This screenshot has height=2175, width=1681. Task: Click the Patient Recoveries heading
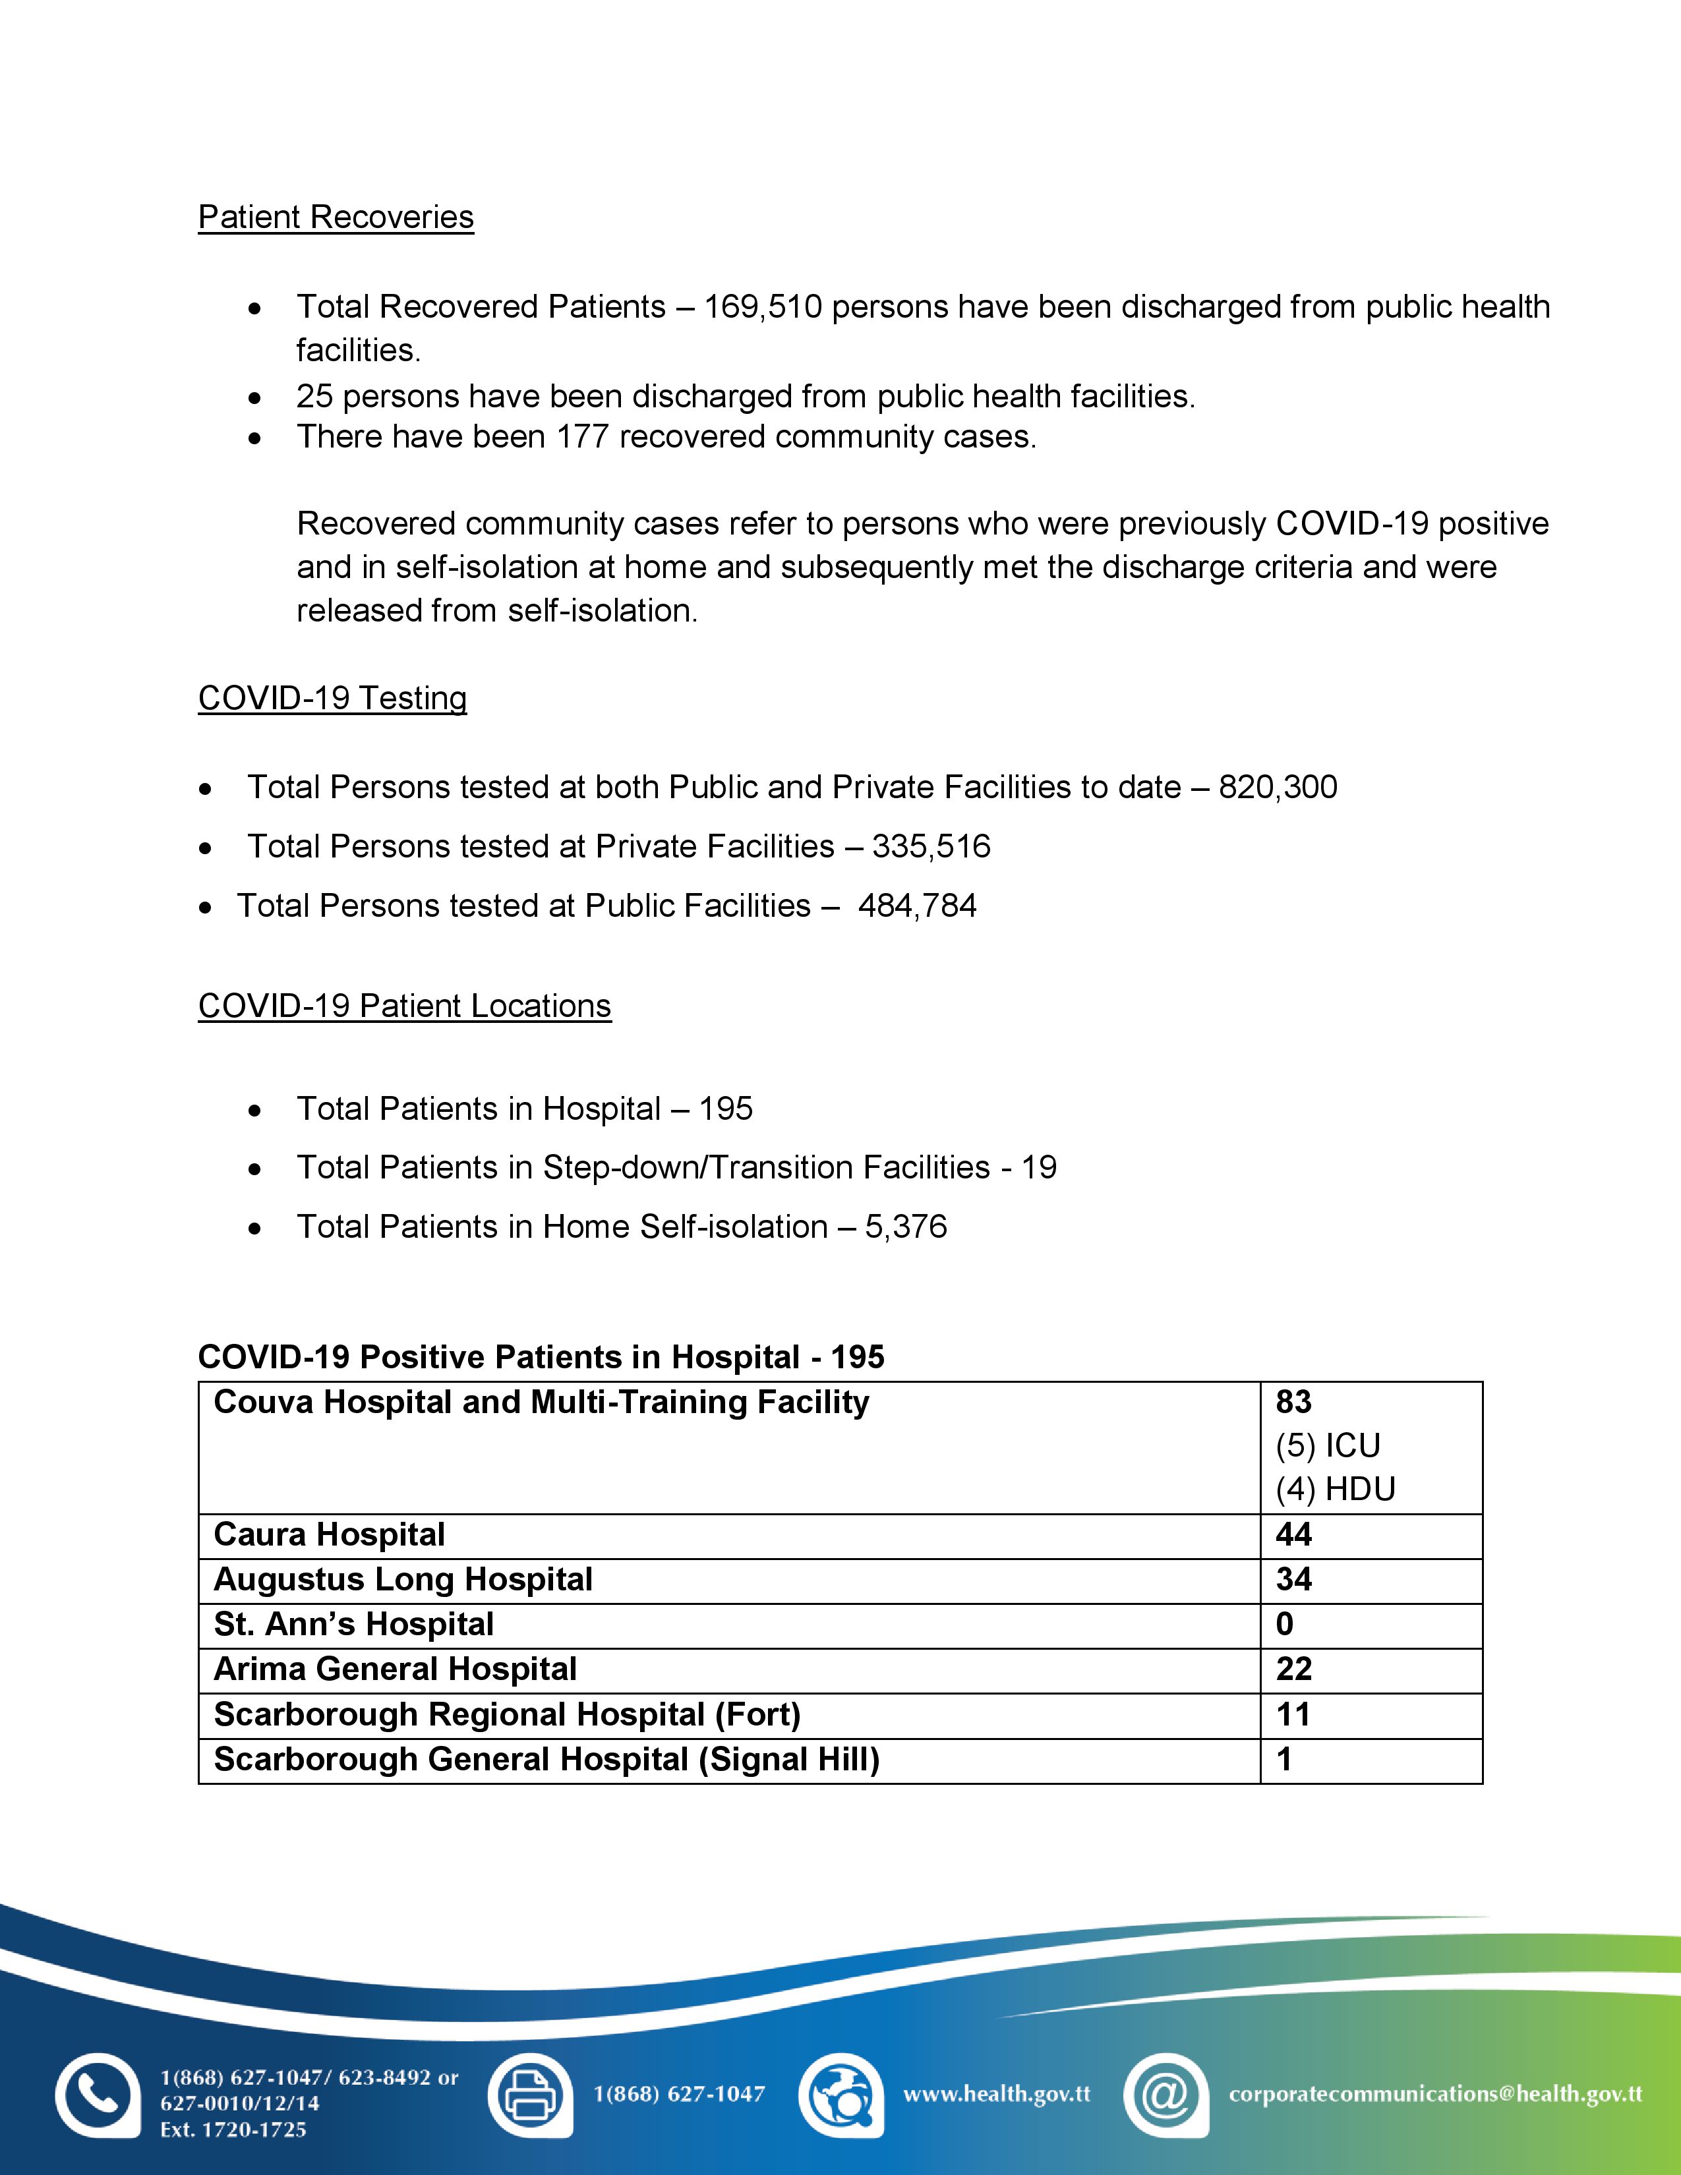pyautogui.click(x=336, y=217)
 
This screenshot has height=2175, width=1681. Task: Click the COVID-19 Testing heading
pyautogui.click(x=333, y=698)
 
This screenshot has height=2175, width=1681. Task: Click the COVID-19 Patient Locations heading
pyautogui.click(x=404, y=1006)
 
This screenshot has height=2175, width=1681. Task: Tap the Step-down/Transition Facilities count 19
pyautogui.click(x=1040, y=1167)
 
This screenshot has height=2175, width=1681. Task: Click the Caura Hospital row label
pyautogui.click(x=330, y=1534)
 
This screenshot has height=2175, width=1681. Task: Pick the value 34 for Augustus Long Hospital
pyautogui.click(x=1293, y=1579)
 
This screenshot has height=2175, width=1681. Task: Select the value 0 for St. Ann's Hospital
pyautogui.click(x=1285, y=1624)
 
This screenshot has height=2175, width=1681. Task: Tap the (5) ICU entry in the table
pyautogui.click(x=1328, y=1446)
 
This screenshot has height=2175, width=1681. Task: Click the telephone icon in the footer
pyautogui.click(x=98, y=2095)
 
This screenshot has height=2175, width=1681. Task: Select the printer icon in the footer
pyautogui.click(x=530, y=2095)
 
